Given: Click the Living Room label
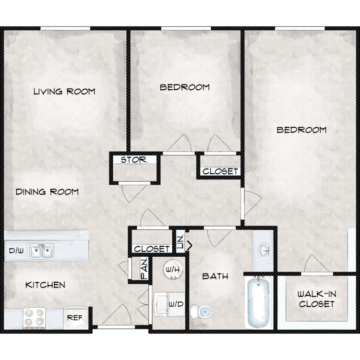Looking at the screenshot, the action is (x=64, y=91).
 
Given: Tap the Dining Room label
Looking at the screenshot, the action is (x=47, y=192).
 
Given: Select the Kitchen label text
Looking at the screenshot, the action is (x=45, y=285).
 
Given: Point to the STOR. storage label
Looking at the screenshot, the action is (x=134, y=160).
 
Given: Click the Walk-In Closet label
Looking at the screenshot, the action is (x=317, y=299).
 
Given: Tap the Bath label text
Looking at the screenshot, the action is (x=215, y=276).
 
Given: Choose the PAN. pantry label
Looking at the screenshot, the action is (x=144, y=269).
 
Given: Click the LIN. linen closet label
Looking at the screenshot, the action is (x=180, y=242).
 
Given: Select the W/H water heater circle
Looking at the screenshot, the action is (x=173, y=270).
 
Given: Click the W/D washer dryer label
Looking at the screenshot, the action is (x=176, y=304).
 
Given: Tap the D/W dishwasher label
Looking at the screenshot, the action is (x=16, y=251).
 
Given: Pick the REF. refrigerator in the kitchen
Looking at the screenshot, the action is (x=76, y=318).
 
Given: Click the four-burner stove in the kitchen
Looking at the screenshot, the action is (x=34, y=318).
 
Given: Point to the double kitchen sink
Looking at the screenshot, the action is (x=42, y=251).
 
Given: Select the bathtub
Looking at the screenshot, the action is (x=259, y=302).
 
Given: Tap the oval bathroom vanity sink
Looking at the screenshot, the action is (x=264, y=251).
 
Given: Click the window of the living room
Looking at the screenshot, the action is (x=65, y=28).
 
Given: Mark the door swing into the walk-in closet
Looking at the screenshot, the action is (x=317, y=264).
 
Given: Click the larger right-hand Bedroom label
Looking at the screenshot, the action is (x=301, y=130).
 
